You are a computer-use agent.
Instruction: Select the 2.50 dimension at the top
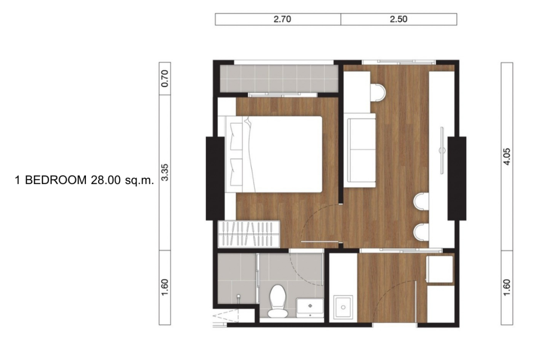(x=399, y=20)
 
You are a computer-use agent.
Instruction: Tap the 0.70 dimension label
(x=165, y=79)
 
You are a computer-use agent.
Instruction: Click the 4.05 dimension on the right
(x=506, y=156)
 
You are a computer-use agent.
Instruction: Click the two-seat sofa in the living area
(x=360, y=150)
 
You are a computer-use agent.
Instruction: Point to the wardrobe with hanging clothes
(x=249, y=233)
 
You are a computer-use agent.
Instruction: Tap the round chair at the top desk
(x=379, y=93)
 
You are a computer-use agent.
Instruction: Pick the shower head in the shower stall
(x=239, y=298)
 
